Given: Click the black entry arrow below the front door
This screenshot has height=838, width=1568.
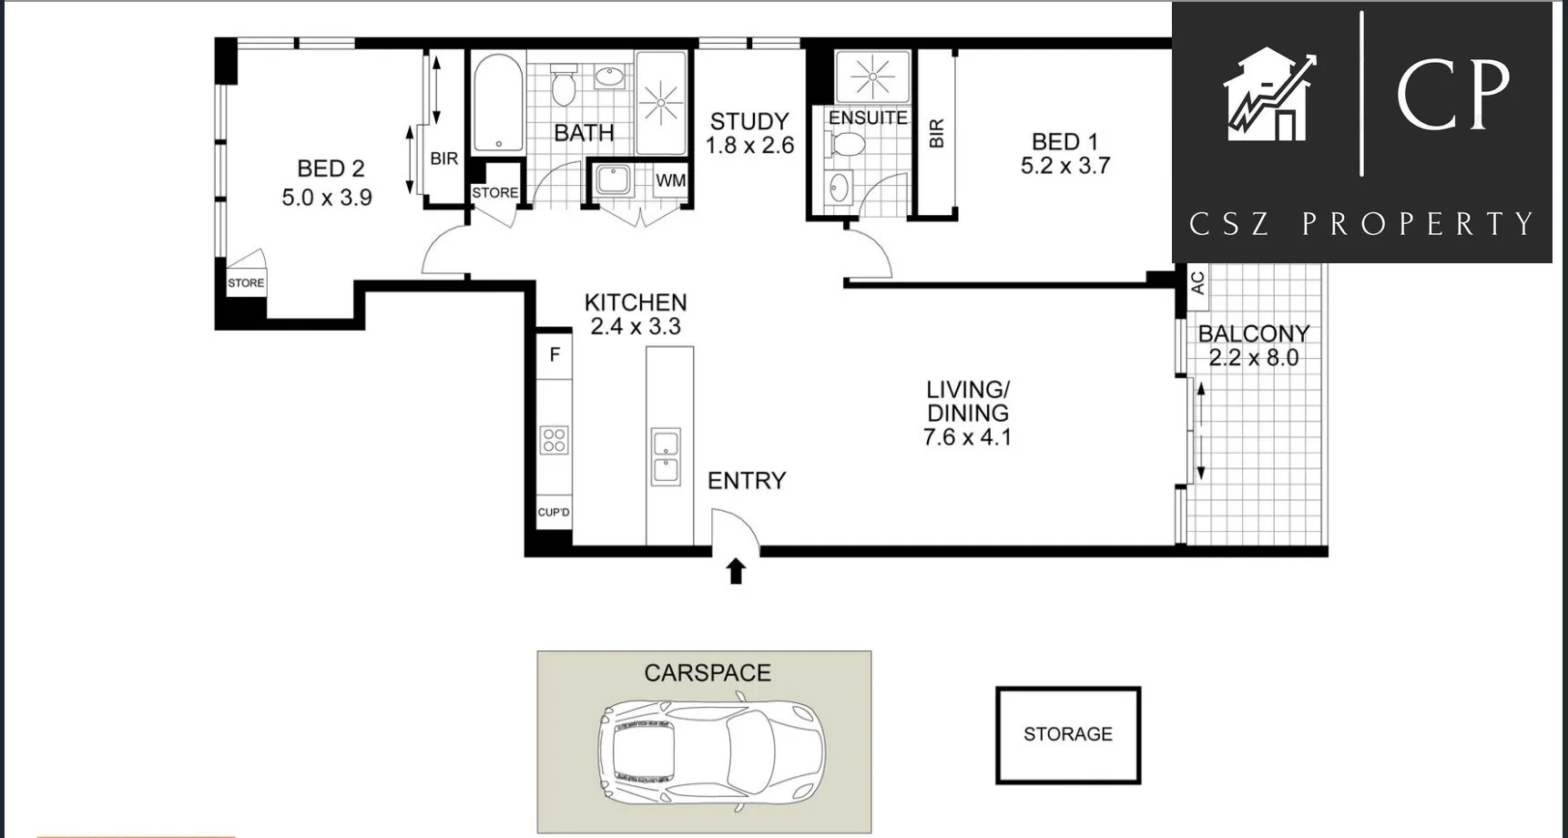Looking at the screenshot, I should [736, 572].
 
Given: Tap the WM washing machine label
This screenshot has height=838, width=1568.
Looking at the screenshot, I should [670, 180].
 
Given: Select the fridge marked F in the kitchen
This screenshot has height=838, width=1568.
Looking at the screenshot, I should [555, 355].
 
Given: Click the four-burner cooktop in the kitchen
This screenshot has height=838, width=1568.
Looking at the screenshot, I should [555, 440].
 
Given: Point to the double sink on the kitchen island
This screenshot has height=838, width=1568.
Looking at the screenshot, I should [666, 457].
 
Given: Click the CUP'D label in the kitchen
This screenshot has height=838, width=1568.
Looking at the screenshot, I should [554, 512].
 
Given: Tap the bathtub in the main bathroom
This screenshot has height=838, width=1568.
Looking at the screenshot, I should [498, 102].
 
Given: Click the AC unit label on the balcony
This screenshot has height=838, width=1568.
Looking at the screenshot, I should [1198, 282].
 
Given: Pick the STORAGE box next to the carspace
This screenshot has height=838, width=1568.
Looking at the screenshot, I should [1067, 734].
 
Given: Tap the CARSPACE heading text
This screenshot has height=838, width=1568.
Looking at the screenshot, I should [707, 672].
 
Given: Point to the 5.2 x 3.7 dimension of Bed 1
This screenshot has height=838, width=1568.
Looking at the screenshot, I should [1064, 166].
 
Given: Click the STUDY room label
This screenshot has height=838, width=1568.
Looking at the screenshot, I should [748, 121].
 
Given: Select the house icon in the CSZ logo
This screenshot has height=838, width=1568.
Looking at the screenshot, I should [1268, 96].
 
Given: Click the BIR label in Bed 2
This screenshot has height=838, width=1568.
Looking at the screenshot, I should [443, 158].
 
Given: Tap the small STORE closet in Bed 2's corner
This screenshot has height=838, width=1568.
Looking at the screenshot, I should [246, 282].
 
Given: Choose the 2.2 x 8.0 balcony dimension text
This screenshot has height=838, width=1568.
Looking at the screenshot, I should [1253, 358].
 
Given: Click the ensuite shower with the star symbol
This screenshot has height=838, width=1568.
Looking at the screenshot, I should [872, 76].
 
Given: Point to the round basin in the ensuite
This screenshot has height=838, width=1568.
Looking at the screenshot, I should [838, 189].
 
